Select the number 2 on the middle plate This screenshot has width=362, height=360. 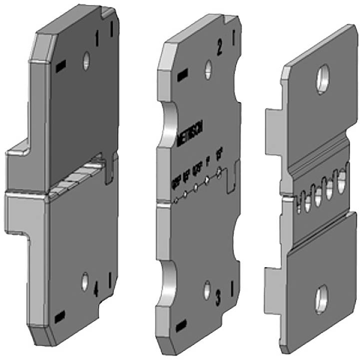[x=219, y=47]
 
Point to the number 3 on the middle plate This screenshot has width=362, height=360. [x=218, y=299]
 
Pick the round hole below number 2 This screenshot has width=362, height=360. [x=206, y=71]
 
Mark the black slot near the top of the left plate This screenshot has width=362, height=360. [x=61, y=65]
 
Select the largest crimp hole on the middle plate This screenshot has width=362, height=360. [x=219, y=173]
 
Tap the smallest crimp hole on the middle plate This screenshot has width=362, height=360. [x=176, y=201]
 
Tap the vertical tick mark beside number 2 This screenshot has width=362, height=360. [x=234, y=38]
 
